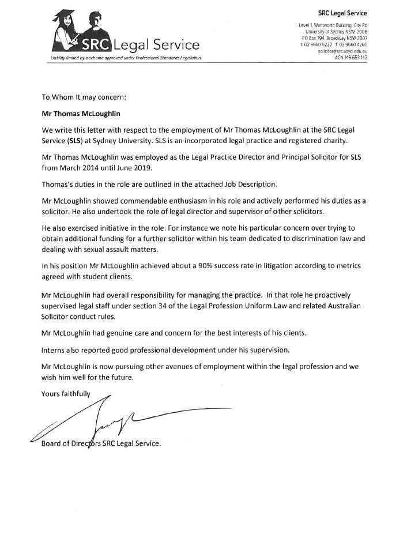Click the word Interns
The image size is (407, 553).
(x=56, y=350)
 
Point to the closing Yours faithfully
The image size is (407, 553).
(x=66, y=394)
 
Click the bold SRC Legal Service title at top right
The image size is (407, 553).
(x=342, y=13)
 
